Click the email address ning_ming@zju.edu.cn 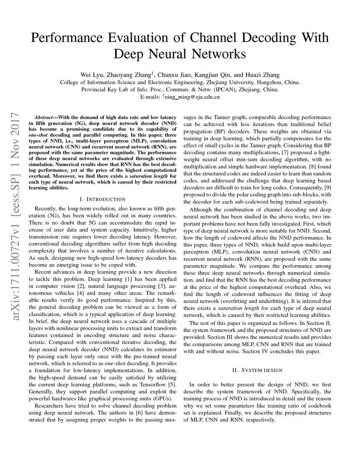point(192,97)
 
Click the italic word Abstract point(44,116)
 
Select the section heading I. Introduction point(102,199)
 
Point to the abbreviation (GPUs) point(163,399)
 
